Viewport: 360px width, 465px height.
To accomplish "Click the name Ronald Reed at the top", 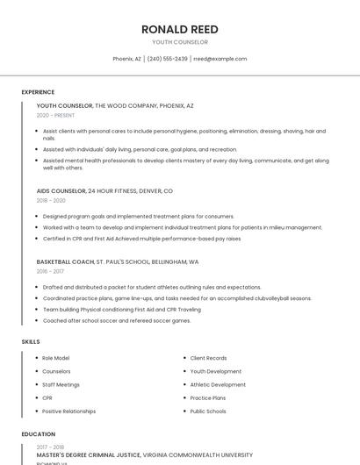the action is click(x=180, y=29).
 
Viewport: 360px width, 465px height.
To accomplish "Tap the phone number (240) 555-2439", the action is click(x=167, y=59).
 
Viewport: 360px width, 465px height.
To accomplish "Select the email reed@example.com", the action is click(x=220, y=59).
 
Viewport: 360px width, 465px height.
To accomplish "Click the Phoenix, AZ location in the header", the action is click(x=126, y=59).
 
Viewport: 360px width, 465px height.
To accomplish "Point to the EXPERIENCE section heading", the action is click(x=38, y=92).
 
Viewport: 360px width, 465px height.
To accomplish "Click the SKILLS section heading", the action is click(x=31, y=341).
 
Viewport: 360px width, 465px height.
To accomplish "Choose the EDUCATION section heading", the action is click(x=38, y=433).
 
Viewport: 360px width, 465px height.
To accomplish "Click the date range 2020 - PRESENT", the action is click(x=55, y=115).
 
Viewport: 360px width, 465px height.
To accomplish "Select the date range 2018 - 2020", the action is click(x=51, y=200).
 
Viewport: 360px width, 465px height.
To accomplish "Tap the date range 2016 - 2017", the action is click(x=50, y=271).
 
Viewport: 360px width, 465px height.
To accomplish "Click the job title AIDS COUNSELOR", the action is click(x=61, y=190).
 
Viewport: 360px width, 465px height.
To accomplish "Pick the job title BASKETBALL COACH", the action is click(x=65, y=261).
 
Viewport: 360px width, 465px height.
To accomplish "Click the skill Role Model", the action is click(x=55, y=358).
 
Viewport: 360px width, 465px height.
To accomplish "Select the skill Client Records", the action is click(x=208, y=358).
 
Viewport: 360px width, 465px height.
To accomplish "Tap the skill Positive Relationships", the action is click(x=68, y=411).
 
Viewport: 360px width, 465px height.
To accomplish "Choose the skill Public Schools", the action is click(x=207, y=411).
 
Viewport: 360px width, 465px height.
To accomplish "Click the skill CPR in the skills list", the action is click(x=47, y=397).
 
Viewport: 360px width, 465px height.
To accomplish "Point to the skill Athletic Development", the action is click(x=218, y=384).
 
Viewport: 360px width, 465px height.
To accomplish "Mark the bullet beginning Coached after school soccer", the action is click(x=116, y=320).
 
